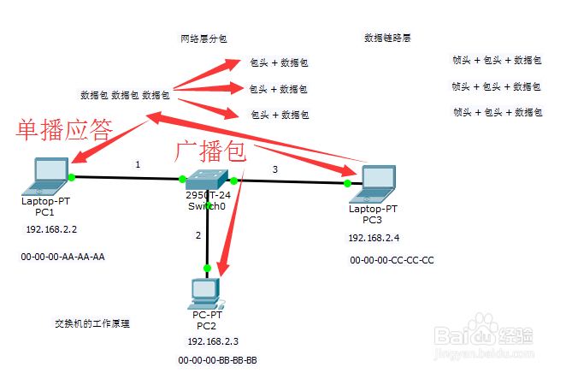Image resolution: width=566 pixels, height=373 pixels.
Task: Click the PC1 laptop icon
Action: pyautogui.click(x=49, y=175)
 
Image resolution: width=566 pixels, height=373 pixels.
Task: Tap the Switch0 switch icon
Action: pyautogui.click(x=206, y=179)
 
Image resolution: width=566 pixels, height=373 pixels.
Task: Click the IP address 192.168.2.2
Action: pyautogui.click(x=51, y=230)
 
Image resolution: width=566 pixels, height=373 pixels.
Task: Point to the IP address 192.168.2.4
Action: pyautogui.click(x=373, y=238)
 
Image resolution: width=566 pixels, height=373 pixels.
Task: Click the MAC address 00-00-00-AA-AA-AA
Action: pyautogui.click(x=62, y=256)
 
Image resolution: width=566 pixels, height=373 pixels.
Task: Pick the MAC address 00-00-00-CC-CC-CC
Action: pyautogui.click(x=392, y=259)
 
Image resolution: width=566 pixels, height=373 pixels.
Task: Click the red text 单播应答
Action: pyautogui.click(x=66, y=129)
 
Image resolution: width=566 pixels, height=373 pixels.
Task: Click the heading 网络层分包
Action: pyautogui.click(x=203, y=38)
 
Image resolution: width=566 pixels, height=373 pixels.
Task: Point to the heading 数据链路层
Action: pyautogui.click(x=388, y=38)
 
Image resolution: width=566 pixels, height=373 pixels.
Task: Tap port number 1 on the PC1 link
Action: pyautogui.click(x=137, y=164)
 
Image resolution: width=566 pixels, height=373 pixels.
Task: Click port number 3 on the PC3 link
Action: pyautogui.click(x=274, y=169)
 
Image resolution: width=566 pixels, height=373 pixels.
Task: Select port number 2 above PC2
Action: pyautogui.click(x=198, y=234)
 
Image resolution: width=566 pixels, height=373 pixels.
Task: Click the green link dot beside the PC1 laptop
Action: pyautogui.click(x=73, y=177)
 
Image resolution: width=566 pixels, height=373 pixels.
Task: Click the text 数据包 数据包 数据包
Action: pyautogui.click(x=126, y=94)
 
